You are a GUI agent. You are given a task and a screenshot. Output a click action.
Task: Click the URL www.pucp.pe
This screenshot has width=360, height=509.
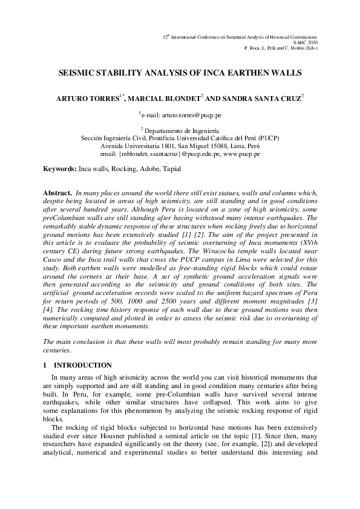[242, 154]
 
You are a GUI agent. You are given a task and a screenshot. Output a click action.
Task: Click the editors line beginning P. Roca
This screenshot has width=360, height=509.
[281, 47]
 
